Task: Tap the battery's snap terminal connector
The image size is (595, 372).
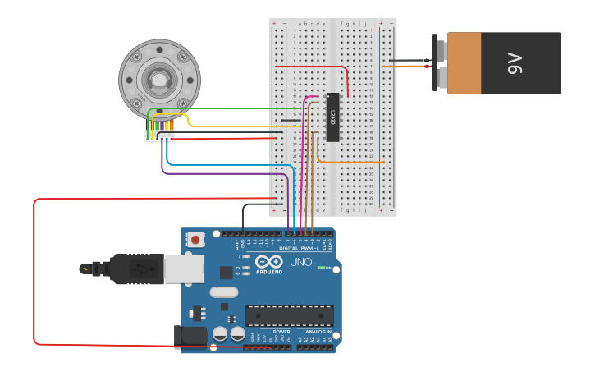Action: pos(440,63)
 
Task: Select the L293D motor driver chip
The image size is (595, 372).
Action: pos(332,117)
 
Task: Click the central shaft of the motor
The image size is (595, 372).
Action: pos(158,80)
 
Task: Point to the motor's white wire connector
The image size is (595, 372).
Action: pos(159,135)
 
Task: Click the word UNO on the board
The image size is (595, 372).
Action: pos(301,262)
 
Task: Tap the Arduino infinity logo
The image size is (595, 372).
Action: pos(268,261)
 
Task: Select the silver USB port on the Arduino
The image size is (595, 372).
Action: pos(184,269)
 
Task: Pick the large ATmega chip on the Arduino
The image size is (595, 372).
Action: pos(289,315)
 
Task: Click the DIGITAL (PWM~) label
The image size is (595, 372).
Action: pos(299,247)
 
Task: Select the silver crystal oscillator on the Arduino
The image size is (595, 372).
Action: pos(223,292)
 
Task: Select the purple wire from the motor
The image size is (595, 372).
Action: pos(222,173)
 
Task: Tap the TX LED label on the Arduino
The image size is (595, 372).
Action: pos(238,268)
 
